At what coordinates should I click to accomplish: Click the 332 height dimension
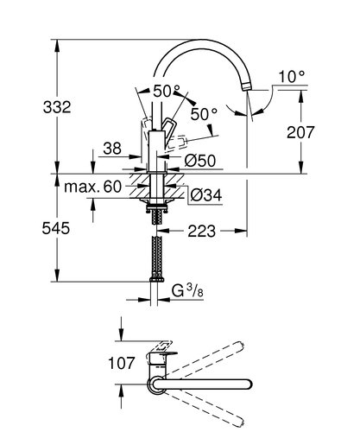click(x=57, y=107)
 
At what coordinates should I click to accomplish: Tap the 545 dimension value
click(x=56, y=228)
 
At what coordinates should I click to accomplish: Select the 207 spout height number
click(x=300, y=132)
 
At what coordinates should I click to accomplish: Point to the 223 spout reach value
click(x=201, y=231)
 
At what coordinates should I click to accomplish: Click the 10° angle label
click(x=292, y=77)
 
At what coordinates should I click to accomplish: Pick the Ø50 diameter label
click(x=199, y=161)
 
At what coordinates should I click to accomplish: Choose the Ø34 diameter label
click(x=206, y=195)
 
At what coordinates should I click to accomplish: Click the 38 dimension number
click(x=112, y=149)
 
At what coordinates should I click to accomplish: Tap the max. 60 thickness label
click(x=93, y=187)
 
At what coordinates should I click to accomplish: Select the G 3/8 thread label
click(x=187, y=291)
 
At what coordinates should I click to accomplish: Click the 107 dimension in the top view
click(x=121, y=363)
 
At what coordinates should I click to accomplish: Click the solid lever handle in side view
click(x=167, y=131)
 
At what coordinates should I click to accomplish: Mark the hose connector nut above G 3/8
click(x=157, y=279)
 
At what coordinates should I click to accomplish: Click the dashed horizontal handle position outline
click(x=176, y=143)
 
